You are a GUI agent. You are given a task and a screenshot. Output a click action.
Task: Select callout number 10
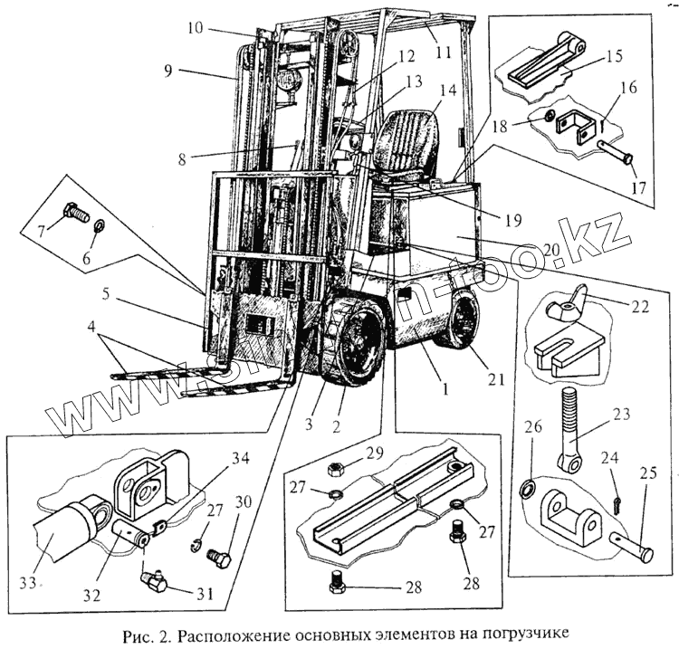[x=196, y=26]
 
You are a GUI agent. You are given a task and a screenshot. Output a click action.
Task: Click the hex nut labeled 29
[x=333, y=469]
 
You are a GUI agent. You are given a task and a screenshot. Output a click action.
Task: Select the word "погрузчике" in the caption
[x=518, y=635]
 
